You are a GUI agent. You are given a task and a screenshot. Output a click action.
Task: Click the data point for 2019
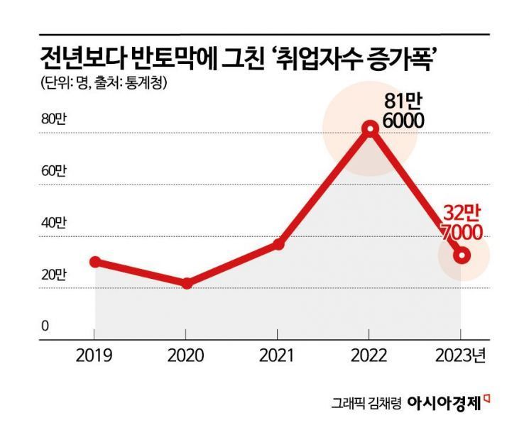pos(95,262)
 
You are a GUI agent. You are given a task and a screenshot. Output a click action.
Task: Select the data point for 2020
pos(187,284)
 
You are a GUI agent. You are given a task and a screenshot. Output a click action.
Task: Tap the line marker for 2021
pos(278,244)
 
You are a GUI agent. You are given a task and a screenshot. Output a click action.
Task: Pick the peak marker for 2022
pos(369,128)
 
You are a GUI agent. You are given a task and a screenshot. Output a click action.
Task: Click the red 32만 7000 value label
pos(462,222)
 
